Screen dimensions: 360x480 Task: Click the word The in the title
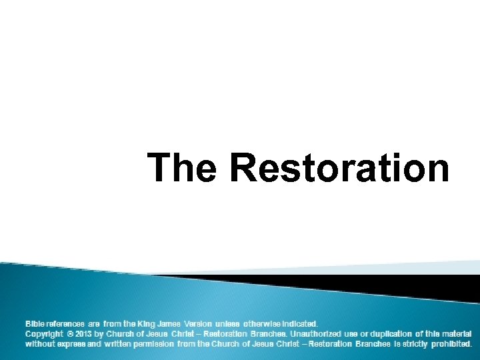[x=181, y=167]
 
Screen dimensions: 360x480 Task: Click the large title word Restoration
[x=339, y=167]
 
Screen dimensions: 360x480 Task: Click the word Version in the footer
[x=198, y=323]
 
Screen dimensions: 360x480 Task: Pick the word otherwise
[x=263, y=323]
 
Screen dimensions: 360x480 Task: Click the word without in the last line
[x=39, y=344]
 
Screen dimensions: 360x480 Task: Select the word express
[x=70, y=344]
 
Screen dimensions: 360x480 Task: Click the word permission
[x=155, y=344]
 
